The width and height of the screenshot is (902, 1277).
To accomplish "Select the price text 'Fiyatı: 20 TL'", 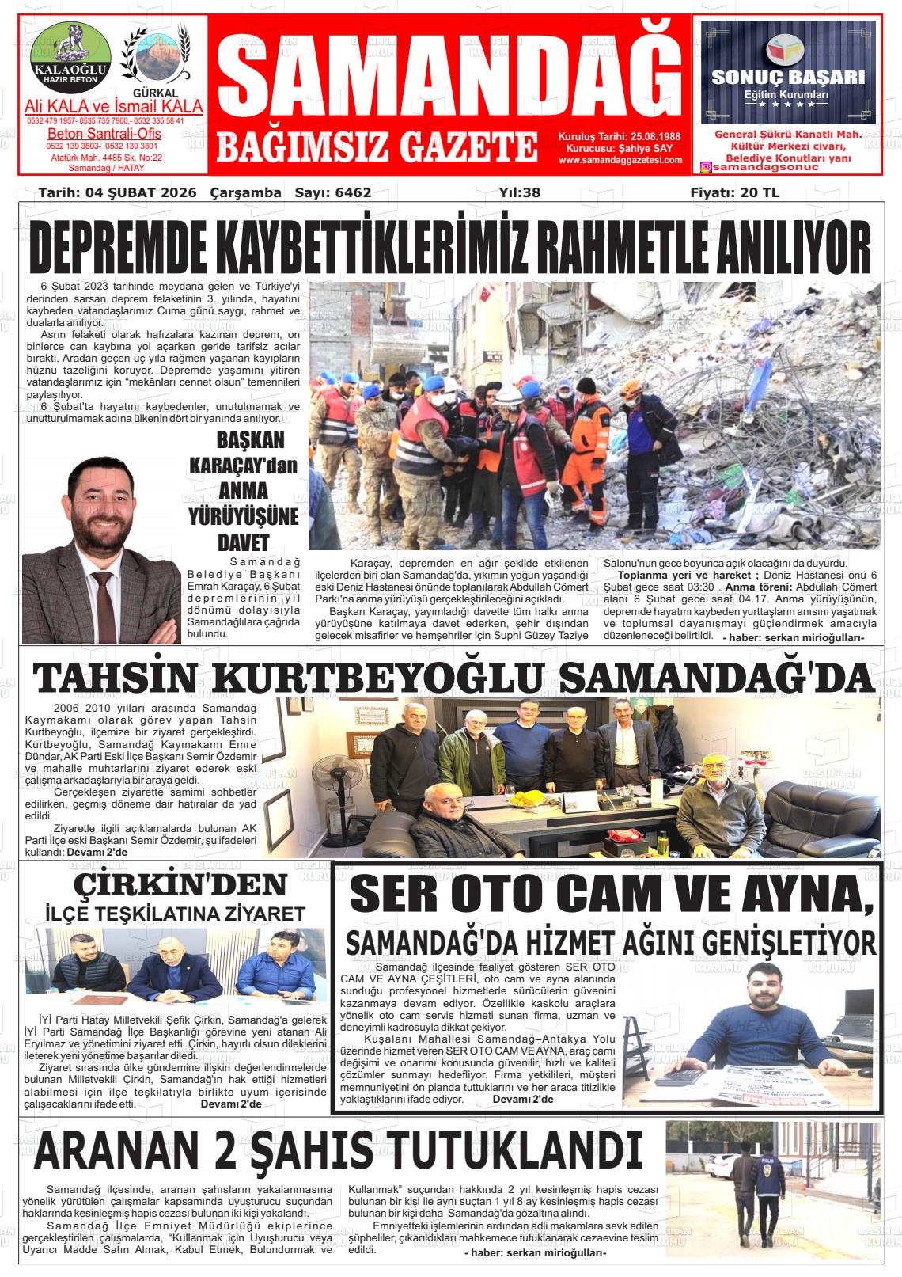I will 734,192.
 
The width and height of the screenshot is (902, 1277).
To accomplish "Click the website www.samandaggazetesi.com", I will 620,160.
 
